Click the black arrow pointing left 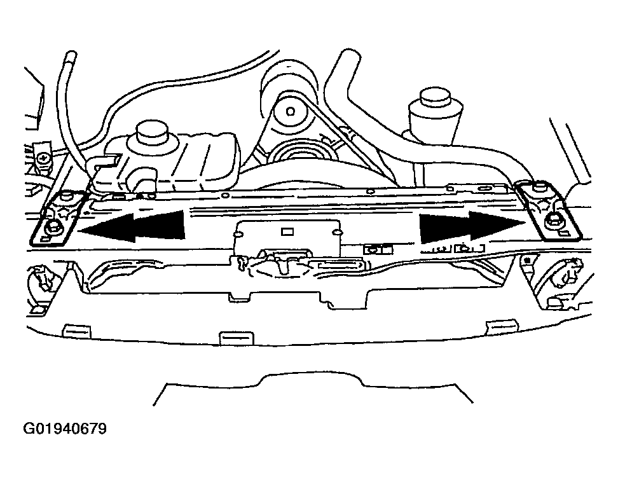[x=132, y=226]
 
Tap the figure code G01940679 [x=65, y=429]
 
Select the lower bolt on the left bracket [x=53, y=227]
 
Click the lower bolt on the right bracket [x=551, y=223]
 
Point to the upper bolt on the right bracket [x=537, y=188]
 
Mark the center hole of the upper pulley [x=290, y=111]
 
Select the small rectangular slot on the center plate [x=287, y=231]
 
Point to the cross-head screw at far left [x=43, y=159]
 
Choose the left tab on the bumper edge [x=77, y=331]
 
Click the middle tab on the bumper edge [x=236, y=338]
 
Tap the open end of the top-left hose [x=71, y=55]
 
